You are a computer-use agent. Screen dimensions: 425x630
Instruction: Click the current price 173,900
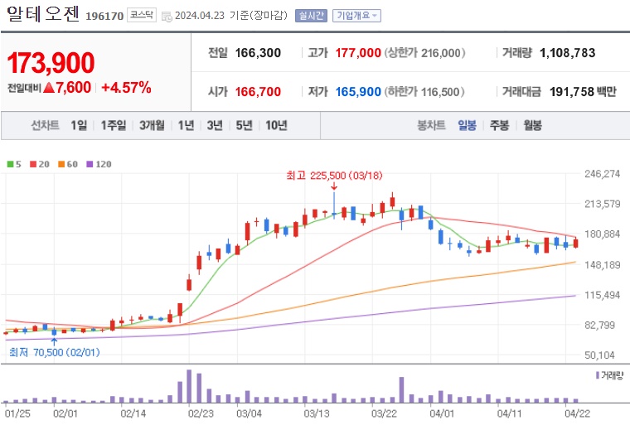(51, 62)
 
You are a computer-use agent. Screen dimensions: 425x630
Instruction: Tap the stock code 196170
(104, 15)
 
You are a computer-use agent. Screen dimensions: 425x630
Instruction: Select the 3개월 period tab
(152, 125)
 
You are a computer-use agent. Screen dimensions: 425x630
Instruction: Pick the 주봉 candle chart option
(498, 125)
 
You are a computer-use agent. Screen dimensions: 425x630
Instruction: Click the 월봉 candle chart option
(531, 125)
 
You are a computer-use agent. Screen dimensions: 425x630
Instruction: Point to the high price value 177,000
(358, 53)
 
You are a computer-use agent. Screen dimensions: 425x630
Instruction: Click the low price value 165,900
(358, 92)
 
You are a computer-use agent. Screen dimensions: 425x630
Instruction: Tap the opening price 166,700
(257, 92)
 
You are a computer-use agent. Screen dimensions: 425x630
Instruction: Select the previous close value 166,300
(258, 53)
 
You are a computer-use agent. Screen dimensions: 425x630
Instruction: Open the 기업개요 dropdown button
(356, 16)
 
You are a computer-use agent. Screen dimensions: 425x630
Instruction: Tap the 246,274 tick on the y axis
(603, 174)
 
